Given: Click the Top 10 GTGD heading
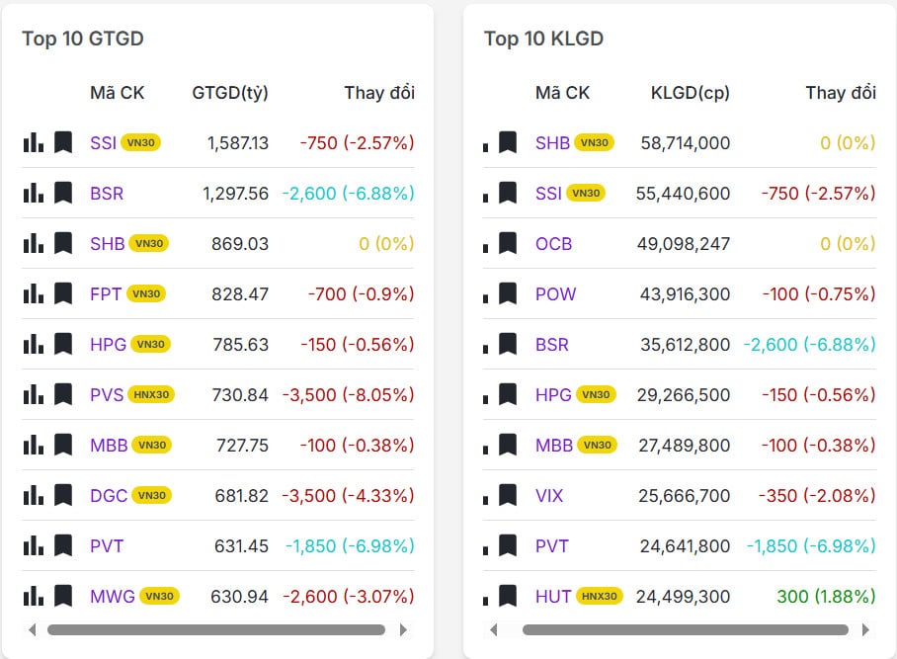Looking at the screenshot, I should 83,39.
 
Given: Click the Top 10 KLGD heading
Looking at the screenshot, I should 543,39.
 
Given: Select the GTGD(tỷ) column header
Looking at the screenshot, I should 230,93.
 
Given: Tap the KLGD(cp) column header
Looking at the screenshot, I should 691,93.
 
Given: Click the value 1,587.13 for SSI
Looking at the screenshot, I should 238,143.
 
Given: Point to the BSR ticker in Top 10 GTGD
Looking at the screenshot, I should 107,194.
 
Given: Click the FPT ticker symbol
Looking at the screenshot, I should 105,293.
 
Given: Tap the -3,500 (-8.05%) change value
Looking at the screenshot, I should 348,395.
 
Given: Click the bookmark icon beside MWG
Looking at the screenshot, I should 63,597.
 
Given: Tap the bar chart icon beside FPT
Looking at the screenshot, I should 34,293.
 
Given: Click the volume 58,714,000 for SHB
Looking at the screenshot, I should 685,143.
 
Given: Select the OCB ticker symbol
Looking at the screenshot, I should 553,244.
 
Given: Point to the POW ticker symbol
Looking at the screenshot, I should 555,294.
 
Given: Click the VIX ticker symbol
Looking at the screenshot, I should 549,496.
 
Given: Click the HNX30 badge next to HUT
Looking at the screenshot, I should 599,597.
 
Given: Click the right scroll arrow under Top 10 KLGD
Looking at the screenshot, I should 864,629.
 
